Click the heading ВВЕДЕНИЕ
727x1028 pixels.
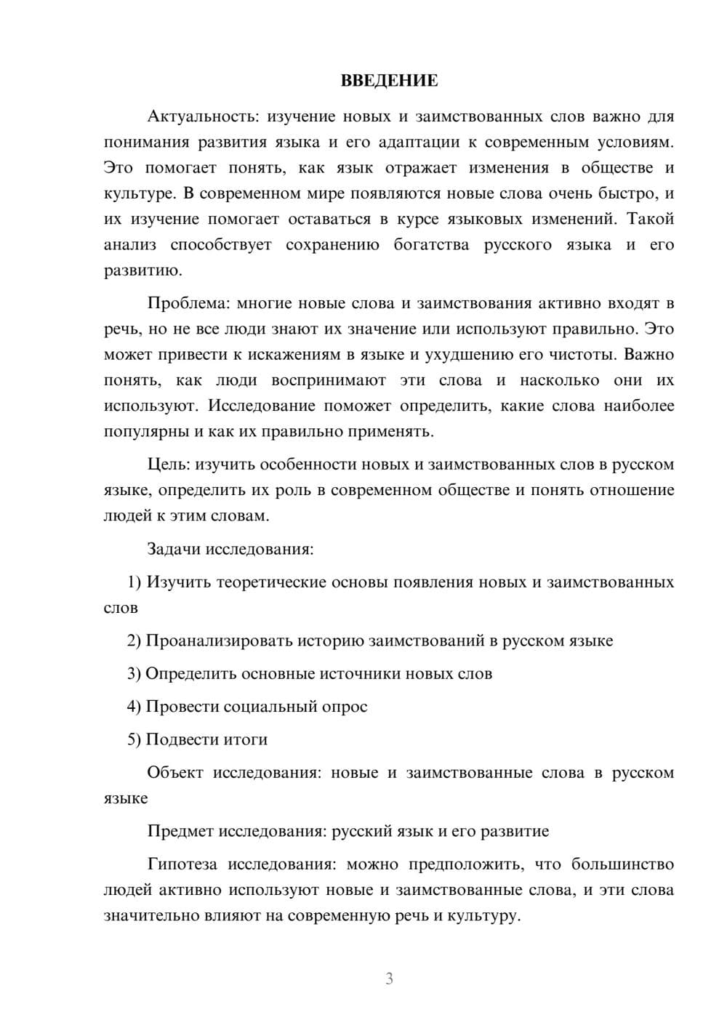tap(389, 81)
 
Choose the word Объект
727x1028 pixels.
tap(175, 773)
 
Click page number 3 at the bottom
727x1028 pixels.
tap(389, 979)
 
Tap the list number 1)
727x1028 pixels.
tap(134, 582)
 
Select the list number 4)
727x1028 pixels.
tap(134, 707)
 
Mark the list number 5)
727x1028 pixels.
tap(134, 739)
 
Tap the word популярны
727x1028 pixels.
tap(146, 432)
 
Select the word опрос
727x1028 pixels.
tap(345, 707)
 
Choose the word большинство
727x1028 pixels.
tap(622, 864)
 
